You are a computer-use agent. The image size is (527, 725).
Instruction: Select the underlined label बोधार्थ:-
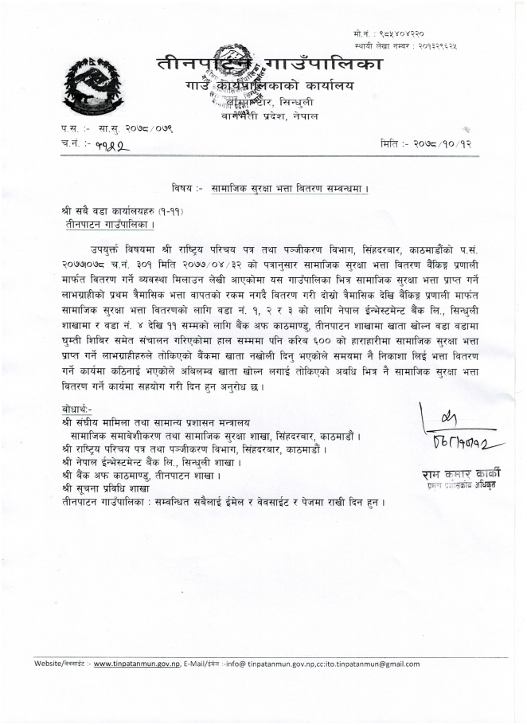(77, 409)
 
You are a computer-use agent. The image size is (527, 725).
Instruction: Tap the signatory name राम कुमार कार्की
(462, 476)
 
